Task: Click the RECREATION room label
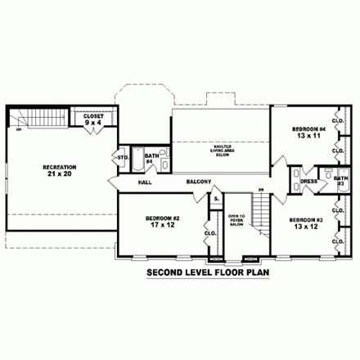point(59,167)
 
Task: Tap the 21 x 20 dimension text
point(59,175)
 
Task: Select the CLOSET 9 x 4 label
point(93,117)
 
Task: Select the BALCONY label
point(199,182)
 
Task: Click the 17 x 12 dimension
point(162,225)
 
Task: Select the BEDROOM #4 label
point(308,129)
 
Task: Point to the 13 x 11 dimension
point(308,137)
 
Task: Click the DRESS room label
point(308,182)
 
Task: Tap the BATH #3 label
point(341,180)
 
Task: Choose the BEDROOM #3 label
point(304,221)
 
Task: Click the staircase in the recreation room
point(35,117)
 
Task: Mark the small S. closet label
point(215,199)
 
